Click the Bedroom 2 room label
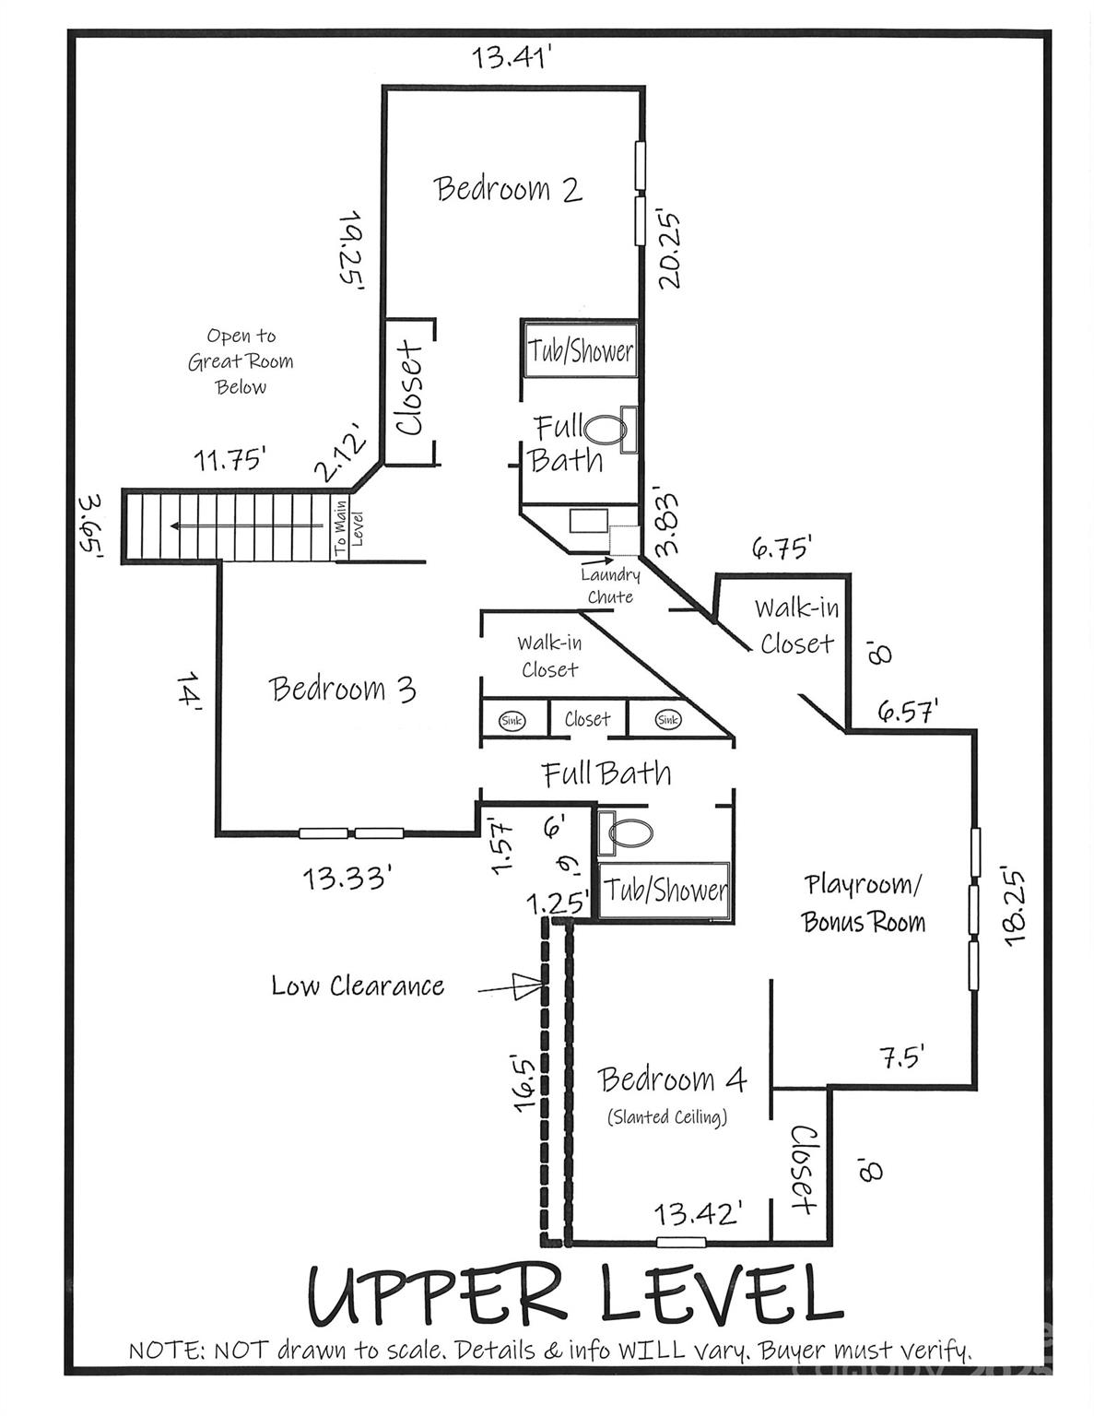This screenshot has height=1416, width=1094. coord(508,189)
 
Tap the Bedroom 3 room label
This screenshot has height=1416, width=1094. coord(342,689)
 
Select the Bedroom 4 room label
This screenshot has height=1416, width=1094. coord(672,1080)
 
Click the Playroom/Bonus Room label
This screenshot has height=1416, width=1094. coord(864,903)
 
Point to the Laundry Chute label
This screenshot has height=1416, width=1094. coord(610,585)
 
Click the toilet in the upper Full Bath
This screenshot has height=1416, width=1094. coord(606,429)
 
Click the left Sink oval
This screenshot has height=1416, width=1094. coord(512,720)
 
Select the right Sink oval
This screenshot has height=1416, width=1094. coord(668,720)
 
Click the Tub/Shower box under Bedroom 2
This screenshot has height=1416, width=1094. coord(581,350)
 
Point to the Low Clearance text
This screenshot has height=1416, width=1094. coord(358,985)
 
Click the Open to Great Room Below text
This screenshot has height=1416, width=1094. coord(241,361)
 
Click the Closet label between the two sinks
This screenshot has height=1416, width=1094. coord(587,719)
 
